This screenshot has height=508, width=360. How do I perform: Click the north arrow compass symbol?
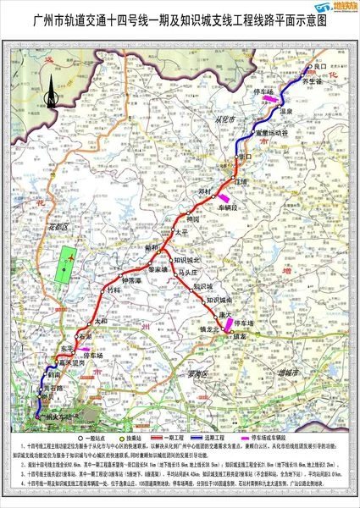53,92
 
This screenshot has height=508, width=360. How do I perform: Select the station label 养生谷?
313,80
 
